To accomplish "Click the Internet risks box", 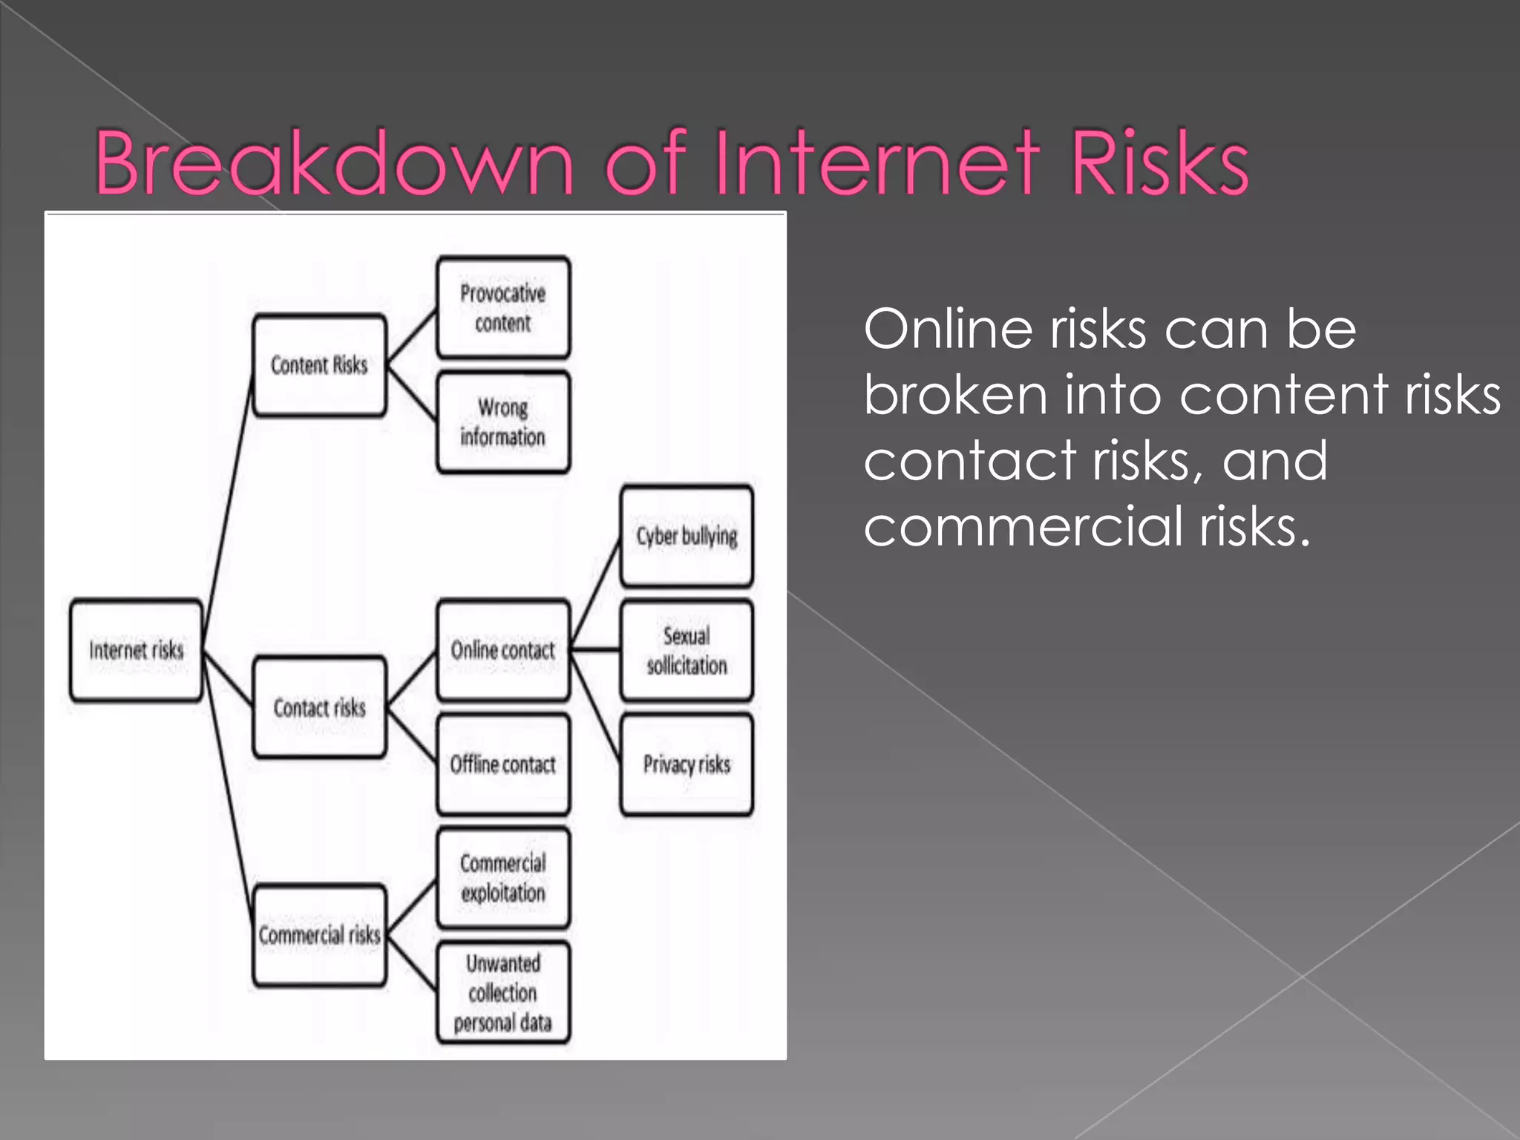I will (x=136, y=650).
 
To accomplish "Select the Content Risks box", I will (x=319, y=365).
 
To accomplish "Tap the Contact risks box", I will (x=319, y=707).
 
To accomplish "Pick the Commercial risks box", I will (x=319, y=934).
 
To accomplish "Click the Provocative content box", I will (x=503, y=308).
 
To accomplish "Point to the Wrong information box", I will (x=503, y=422).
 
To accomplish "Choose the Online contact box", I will (x=503, y=650).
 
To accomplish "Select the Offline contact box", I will (x=503, y=764).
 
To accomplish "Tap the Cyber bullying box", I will (x=687, y=536).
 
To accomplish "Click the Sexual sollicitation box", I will (x=687, y=650).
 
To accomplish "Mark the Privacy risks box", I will (x=687, y=764).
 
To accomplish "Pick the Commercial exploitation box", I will (x=503, y=878).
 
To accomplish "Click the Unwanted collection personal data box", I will (x=503, y=992).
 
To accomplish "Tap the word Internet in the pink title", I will (x=876, y=163).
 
